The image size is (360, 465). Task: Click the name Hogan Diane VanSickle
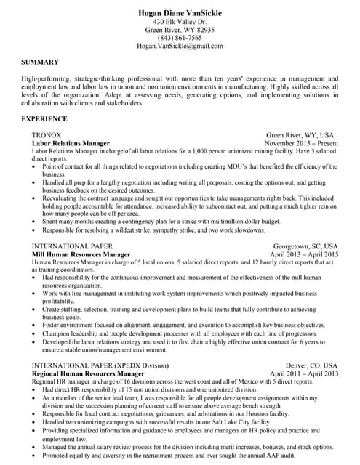coord(180,13)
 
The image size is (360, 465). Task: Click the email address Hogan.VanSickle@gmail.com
coord(180,46)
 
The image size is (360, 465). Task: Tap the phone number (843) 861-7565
coord(180,38)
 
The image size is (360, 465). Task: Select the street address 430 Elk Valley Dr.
coord(180,22)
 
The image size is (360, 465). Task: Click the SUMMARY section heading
coord(39,62)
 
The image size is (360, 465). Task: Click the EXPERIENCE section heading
coord(44,118)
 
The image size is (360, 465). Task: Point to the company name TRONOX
coord(47,136)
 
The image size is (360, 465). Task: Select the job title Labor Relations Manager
coord(71,144)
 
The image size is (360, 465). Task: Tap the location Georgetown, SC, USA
coord(305,246)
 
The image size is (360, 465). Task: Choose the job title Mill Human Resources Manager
coord(81,255)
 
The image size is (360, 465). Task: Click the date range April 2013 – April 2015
coord(303,255)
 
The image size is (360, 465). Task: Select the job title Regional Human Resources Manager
coord(89,373)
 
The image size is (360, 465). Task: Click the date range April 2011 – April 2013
coord(303,373)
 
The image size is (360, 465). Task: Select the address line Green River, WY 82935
coord(180,30)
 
